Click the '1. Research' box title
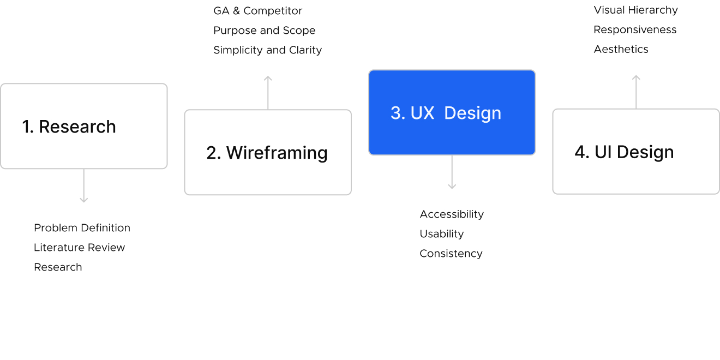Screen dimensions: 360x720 click(69, 127)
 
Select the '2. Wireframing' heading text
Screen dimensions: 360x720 click(267, 153)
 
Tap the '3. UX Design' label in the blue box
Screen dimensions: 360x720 click(446, 113)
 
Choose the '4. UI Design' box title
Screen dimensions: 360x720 click(624, 152)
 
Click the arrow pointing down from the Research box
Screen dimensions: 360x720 click(83, 186)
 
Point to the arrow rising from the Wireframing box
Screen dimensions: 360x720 click(268, 92)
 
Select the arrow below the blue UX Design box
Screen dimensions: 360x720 click(452, 172)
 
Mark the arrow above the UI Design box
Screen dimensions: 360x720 click(636, 92)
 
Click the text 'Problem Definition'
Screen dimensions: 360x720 click(82, 228)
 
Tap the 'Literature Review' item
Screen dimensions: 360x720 click(79, 248)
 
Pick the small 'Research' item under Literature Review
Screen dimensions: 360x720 click(58, 267)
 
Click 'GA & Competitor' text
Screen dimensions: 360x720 click(257, 11)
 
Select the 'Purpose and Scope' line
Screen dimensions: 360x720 click(264, 31)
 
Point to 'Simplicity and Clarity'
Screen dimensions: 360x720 click(267, 50)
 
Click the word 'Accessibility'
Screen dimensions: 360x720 click(452, 214)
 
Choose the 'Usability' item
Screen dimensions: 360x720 click(441, 234)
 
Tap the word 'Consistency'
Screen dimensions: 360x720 click(451, 254)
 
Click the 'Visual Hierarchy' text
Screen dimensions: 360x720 click(635, 10)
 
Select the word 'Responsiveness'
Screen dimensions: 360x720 click(635, 30)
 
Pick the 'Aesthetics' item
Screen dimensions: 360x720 click(621, 50)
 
